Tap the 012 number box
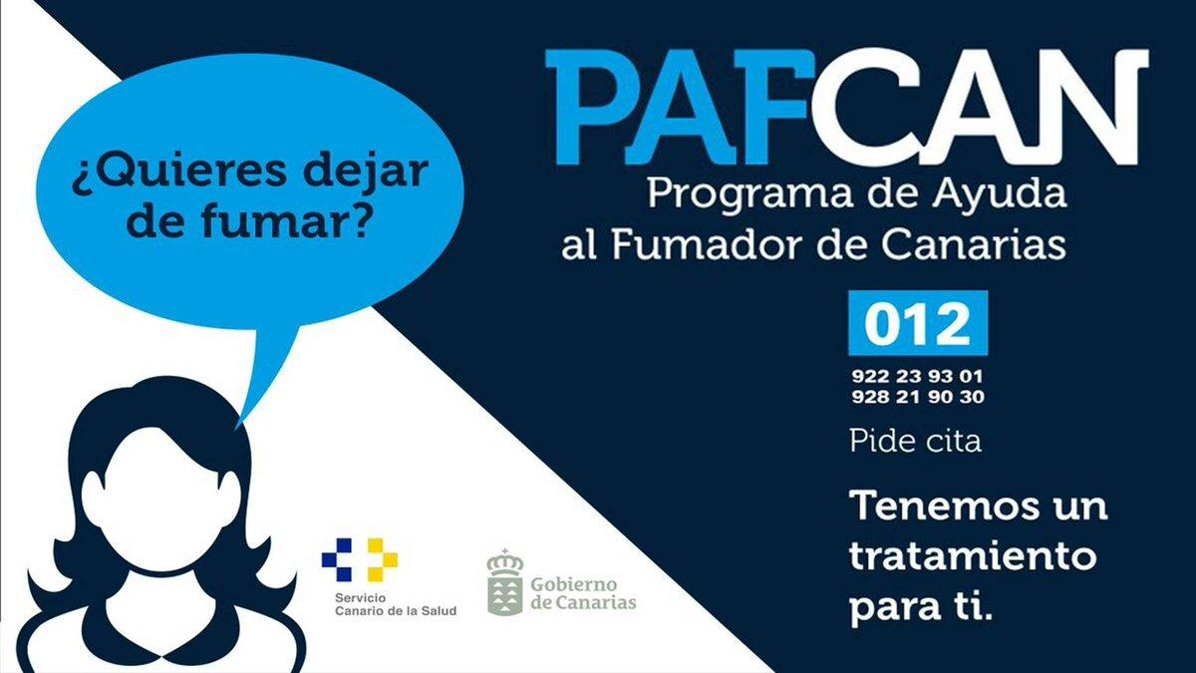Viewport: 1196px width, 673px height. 917,323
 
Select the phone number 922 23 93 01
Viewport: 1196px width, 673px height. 917,377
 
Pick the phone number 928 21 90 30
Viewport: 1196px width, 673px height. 917,397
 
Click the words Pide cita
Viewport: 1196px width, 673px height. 915,441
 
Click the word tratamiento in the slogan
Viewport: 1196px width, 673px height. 972,556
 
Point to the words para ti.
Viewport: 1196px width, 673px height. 922,608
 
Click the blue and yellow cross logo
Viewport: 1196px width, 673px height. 359,559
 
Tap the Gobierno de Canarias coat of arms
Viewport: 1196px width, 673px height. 504,583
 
